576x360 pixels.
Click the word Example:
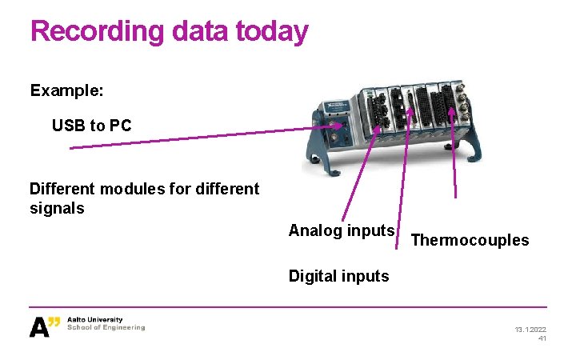[x=66, y=90]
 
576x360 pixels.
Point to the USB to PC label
[x=91, y=126]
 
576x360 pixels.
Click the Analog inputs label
[x=342, y=231]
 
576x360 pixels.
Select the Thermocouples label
[x=470, y=240]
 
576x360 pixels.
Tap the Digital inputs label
[x=338, y=277]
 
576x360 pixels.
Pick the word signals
[x=57, y=208]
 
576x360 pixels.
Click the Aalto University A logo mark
[x=45, y=326]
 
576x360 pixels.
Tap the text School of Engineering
[x=106, y=327]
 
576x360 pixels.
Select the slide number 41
[x=542, y=339]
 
